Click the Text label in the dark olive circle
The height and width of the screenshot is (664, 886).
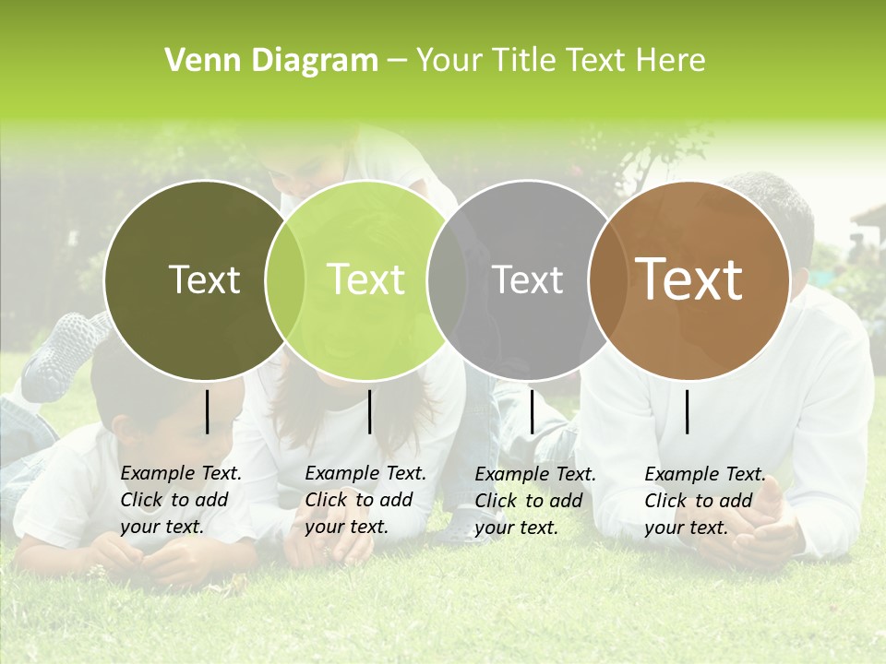coord(204,279)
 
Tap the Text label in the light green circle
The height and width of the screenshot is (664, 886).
coord(366,279)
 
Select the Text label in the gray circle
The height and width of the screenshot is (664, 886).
coord(528,279)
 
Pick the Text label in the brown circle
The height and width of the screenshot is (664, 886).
coord(688,279)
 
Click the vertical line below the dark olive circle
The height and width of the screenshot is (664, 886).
coord(208,411)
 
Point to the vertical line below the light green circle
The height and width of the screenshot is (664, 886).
coord(370,411)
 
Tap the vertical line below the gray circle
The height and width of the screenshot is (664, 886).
coord(533,411)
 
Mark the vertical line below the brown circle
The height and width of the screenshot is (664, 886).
coord(688,411)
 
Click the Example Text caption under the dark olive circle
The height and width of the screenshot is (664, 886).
coord(180,500)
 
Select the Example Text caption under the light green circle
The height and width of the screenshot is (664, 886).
coord(365,500)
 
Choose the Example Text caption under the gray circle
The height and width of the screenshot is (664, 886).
coord(534,501)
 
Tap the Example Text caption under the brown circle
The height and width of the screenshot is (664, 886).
coord(704,501)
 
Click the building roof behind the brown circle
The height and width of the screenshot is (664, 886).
coord(869,221)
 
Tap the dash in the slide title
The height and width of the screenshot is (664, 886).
coord(397,61)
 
